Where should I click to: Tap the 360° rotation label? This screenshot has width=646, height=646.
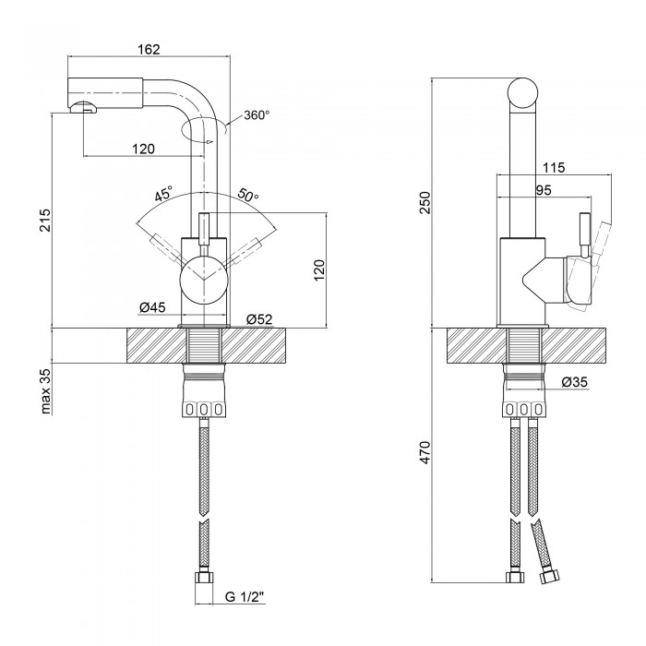pyautogui.click(x=257, y=115)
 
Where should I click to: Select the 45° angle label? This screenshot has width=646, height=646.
pyautogui.click(x=163, y=195)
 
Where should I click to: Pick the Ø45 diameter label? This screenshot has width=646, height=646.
pyautogui.click(x=151, y=307)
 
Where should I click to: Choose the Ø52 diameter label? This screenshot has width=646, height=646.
pyautogui.click(x=258, y=319)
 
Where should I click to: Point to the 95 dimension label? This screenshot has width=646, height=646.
pyautogui.click(x=543, y=190)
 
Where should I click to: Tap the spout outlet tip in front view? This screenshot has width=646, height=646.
pyautogui.click(x=82, y=108)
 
